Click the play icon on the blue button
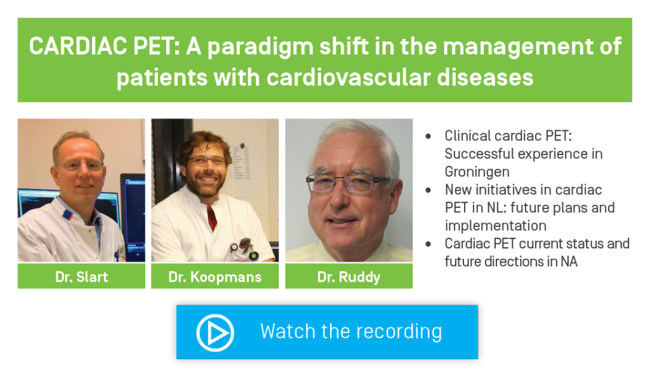(x=215, y=332)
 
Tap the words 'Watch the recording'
(x=351, y=332)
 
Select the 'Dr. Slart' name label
(x=82, y=277)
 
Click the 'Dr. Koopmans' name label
(x=215, y=277)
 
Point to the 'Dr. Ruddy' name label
(x=348, y=277)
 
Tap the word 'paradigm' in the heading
(x=260, y=47)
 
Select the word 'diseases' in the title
(x=485, y=78)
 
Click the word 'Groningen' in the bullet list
(x=477, y=172)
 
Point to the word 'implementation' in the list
(x=495, y=226)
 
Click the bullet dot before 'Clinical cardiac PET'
(x=428, y=136)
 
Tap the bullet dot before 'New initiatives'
(x=428, y=190)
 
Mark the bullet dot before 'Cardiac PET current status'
(x=428, y=244)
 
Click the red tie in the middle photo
(x=212, y=217)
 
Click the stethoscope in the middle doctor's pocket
(x=244, y=249)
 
